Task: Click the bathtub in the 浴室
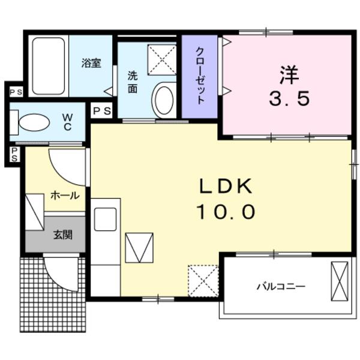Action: point(49,67)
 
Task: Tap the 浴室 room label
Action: point(91,63)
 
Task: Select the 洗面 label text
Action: point(132,83)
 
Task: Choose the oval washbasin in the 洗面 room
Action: point(163,99)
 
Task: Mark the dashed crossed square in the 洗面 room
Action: point(163,58)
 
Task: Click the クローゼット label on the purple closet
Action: point(200,76)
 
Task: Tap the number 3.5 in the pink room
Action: point(289,99)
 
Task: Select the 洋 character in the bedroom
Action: point(289,75)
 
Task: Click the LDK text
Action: point(226,187)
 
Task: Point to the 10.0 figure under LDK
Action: point(226,211)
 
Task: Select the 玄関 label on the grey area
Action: point(62,235)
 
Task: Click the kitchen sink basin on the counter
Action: point(106,220)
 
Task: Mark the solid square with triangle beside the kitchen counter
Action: point(139,248)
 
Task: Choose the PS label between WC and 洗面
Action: point(101,111)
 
